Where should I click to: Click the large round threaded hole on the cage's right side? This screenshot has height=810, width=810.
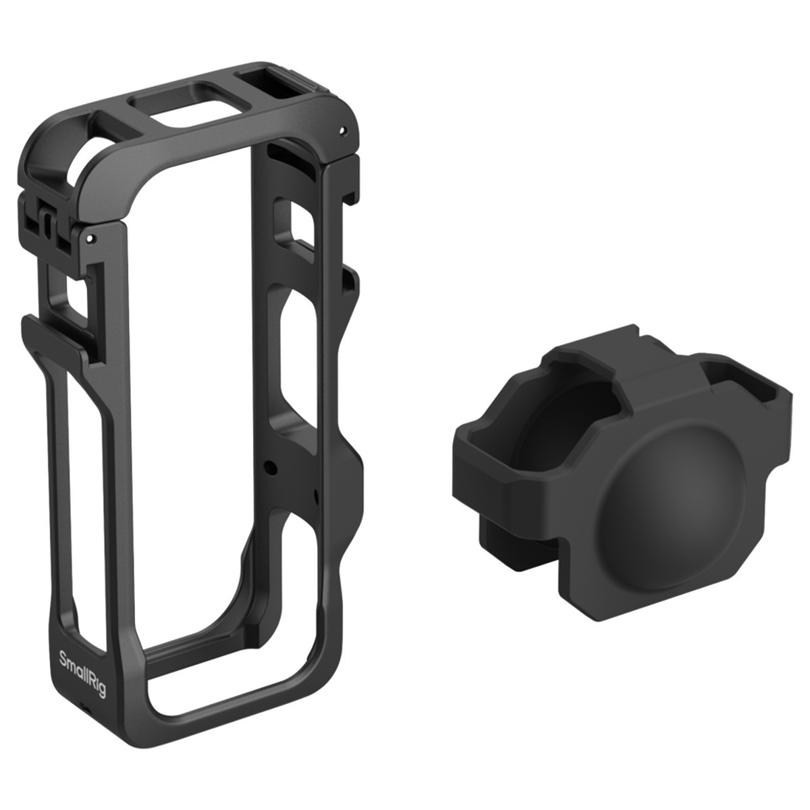(272, 466)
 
